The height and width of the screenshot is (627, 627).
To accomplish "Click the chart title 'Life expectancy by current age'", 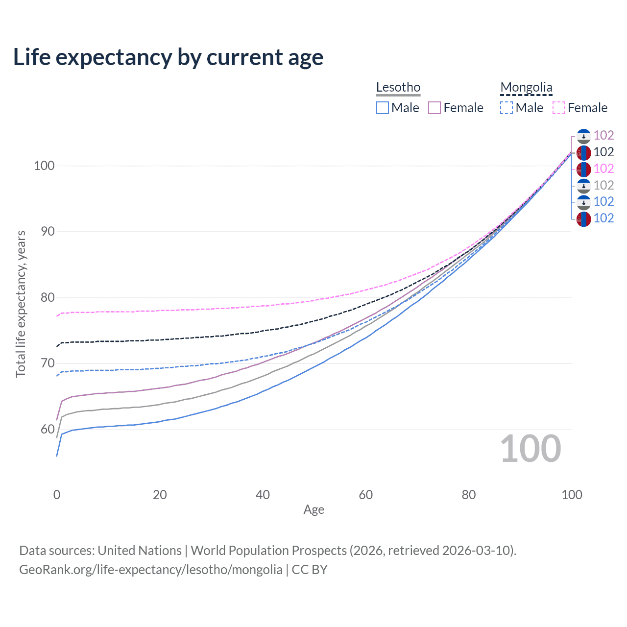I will (x=168, y=57).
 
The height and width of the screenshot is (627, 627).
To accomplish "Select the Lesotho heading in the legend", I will (x=398, y=87).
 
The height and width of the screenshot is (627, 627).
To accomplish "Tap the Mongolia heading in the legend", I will (x=526, y=87).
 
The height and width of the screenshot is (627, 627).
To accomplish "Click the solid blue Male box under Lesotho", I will (x=383, y=108).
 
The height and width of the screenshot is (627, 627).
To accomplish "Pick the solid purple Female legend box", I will (x=434, y=108).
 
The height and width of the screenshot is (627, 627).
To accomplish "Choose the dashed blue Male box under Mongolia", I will (x=506, y=108).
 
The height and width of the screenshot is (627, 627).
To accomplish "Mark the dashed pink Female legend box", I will (x=558, y=108).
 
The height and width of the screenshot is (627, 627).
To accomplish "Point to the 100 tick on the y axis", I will (x=44, y=166).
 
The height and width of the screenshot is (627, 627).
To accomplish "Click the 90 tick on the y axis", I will (x=48, y=231).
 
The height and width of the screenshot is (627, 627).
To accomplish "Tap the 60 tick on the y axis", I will (x=48, y=429).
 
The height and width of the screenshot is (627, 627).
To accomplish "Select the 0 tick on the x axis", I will (x=57, y=495).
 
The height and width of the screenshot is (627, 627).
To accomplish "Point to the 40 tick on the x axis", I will (x=263, y=495).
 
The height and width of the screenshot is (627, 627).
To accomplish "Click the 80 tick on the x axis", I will (x=469, y=495).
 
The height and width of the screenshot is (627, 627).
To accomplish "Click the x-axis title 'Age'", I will (x=313, y=510).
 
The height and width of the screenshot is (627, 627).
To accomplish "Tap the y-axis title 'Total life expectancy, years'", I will (x=21, y=304).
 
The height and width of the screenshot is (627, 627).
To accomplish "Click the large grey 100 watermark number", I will (x=531, y=449).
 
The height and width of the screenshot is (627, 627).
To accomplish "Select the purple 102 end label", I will (x=603, y=135).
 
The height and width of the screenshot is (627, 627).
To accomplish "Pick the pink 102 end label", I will (x=603, y=169).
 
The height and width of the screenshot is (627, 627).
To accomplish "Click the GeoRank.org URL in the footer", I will (x=151, y=570).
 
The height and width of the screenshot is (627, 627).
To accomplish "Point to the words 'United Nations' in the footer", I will (x=140, y=551).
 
